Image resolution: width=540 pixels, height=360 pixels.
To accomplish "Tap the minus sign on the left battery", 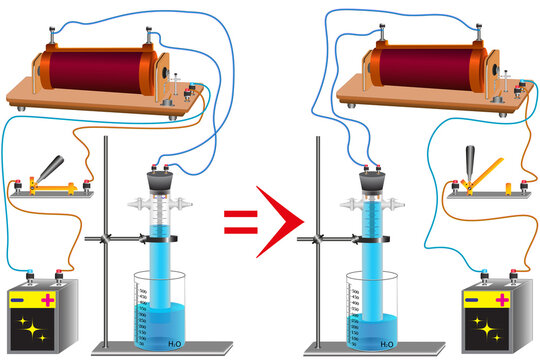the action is point(21,298).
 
